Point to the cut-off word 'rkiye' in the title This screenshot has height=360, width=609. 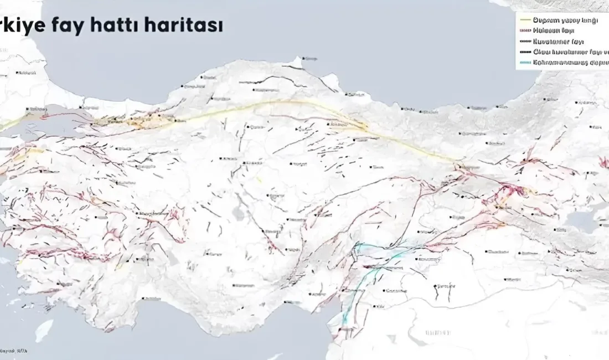tap(22, 25)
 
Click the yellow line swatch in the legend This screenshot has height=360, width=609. tap(525, 20)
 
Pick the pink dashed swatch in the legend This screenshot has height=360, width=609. tap(525, 30)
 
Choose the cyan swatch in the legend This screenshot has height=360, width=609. tap(525, 62)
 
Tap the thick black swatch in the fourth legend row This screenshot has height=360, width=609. tap(525, 52)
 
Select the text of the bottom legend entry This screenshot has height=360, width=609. tap(570, 62)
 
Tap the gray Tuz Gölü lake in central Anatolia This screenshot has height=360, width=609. tap(239, 213)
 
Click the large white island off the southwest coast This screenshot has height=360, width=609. tap(44, 330)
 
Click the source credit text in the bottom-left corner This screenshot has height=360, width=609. tap(13, 350)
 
